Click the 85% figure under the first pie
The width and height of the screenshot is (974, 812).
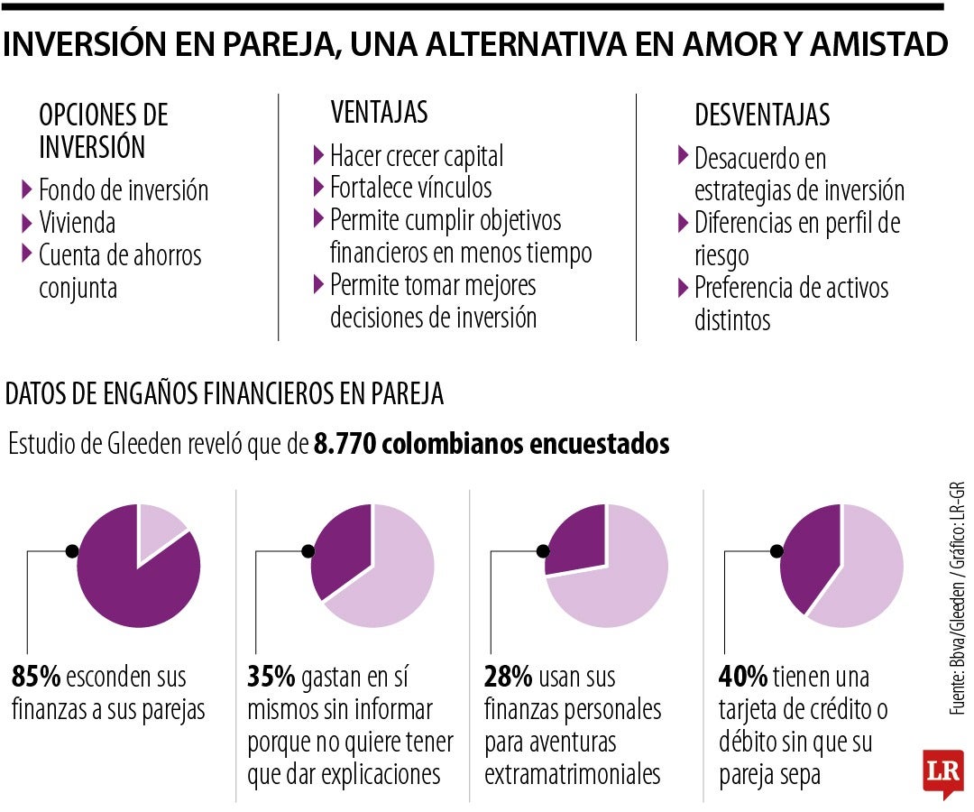coord(35,676)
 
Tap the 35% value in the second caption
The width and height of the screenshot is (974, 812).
coord(271,676)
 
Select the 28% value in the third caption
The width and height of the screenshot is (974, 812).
coord(508,676)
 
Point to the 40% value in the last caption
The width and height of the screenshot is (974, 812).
coord(743,676)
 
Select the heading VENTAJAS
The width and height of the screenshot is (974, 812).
coord(379,113)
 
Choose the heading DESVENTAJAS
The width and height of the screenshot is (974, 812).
coord(762,115)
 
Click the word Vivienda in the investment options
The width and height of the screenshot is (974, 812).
coord(77,222)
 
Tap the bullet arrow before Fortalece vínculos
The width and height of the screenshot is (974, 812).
coord(318,187)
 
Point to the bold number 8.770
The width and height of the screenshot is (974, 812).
coord(342,444)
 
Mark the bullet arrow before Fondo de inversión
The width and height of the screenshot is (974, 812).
coord(27,189)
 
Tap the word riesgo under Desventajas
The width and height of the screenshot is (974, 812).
coord(721,255)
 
